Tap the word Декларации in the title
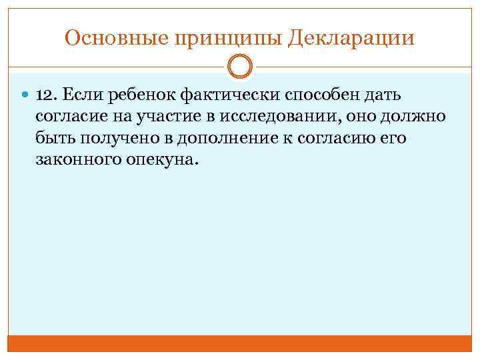click(352, 38)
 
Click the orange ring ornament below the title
click(239, 67)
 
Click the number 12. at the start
click(49, 97)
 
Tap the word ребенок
click(137, 97)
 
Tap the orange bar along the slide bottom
click(239, 343)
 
